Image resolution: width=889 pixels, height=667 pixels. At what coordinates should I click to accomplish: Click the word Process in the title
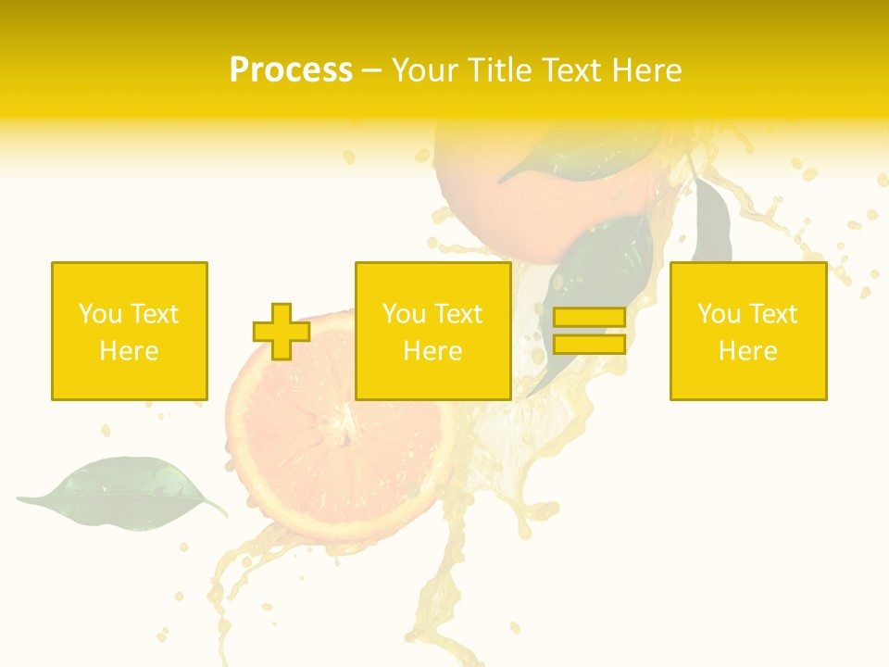291,70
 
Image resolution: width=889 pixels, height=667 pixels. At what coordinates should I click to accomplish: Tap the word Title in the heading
504,70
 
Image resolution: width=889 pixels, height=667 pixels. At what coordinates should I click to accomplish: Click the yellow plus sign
281,332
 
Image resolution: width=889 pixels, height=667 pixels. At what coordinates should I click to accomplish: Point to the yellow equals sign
589,331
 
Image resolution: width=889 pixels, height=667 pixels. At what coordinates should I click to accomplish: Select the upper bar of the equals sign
589,318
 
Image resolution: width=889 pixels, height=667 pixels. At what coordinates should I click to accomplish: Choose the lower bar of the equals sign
589,344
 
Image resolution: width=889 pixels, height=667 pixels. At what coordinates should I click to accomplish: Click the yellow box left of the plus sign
129,331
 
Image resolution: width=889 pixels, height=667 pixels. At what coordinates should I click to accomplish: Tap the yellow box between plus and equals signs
432,331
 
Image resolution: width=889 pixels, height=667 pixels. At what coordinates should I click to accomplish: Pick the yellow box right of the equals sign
747,331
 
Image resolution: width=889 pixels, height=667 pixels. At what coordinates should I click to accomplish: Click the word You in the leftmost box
99,314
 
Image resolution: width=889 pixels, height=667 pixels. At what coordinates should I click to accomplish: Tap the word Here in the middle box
432,350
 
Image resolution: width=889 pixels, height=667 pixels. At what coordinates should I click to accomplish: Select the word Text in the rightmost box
772,314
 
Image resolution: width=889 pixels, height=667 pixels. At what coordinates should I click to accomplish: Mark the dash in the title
371,70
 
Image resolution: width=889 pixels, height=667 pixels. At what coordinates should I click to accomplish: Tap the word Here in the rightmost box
747,350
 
